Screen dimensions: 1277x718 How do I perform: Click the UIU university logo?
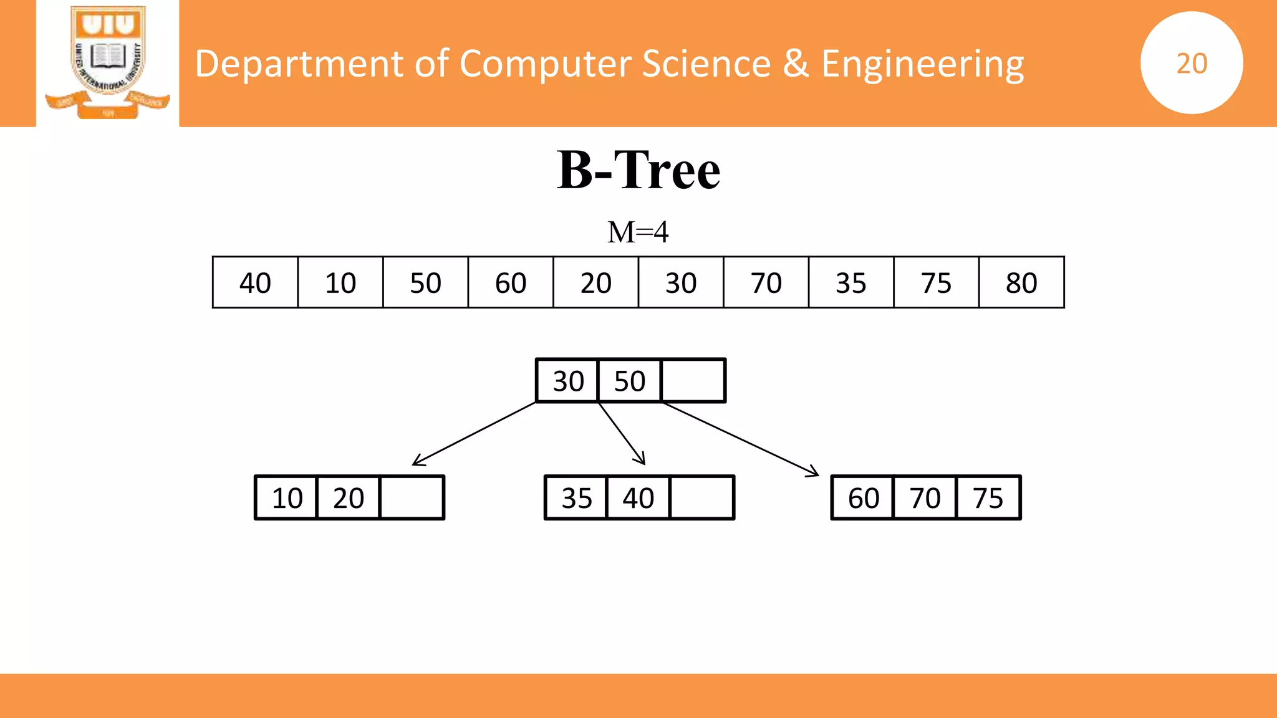coord(108,62)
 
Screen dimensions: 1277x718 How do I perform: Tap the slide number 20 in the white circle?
coord(1191,63)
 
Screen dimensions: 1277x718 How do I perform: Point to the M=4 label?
coord(638,232)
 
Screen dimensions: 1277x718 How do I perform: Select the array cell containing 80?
coord(1021,283)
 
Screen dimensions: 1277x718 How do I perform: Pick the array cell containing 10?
coord(340,283)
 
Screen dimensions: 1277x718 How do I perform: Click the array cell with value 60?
coord(511,283)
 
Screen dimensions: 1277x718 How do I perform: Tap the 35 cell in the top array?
coord(851,283)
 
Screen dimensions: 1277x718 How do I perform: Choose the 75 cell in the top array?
coord(936,283)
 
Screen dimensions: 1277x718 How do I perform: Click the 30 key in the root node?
coord(568,381)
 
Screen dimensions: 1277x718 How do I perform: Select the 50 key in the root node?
coord(630,381)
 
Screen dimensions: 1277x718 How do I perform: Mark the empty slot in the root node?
coord(693,381)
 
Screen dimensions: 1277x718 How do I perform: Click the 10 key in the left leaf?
coord(287,498)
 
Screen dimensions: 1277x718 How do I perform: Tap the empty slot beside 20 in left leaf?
coord(412,498)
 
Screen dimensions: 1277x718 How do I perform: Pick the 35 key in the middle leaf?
coord(576,498)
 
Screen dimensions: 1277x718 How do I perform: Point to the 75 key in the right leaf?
coord(988,498)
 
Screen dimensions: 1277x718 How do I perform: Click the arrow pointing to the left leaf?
coord(474,434)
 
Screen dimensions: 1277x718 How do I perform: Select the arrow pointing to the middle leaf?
coord(622,433)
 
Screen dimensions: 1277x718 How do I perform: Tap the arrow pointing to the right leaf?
coord(741,439)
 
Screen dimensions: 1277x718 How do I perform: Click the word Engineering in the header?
coord(922,64)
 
